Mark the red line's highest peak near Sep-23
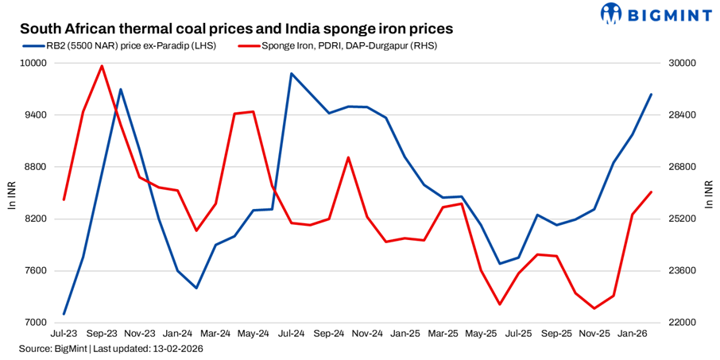[102, 66]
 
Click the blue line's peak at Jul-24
[292, 74]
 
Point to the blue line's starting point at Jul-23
[64, 314]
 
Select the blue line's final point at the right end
[652, 95]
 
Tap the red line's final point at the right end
[652, 192]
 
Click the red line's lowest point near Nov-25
[594, 308]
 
